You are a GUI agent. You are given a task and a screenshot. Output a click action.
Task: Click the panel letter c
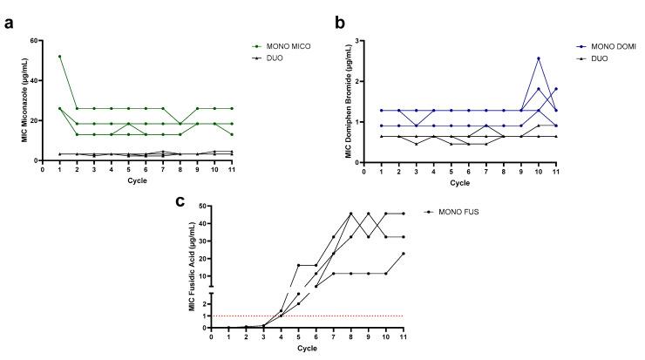180,201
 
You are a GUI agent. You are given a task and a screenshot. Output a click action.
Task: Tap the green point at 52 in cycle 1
58,57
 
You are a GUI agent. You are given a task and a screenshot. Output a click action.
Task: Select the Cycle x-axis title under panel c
307,350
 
